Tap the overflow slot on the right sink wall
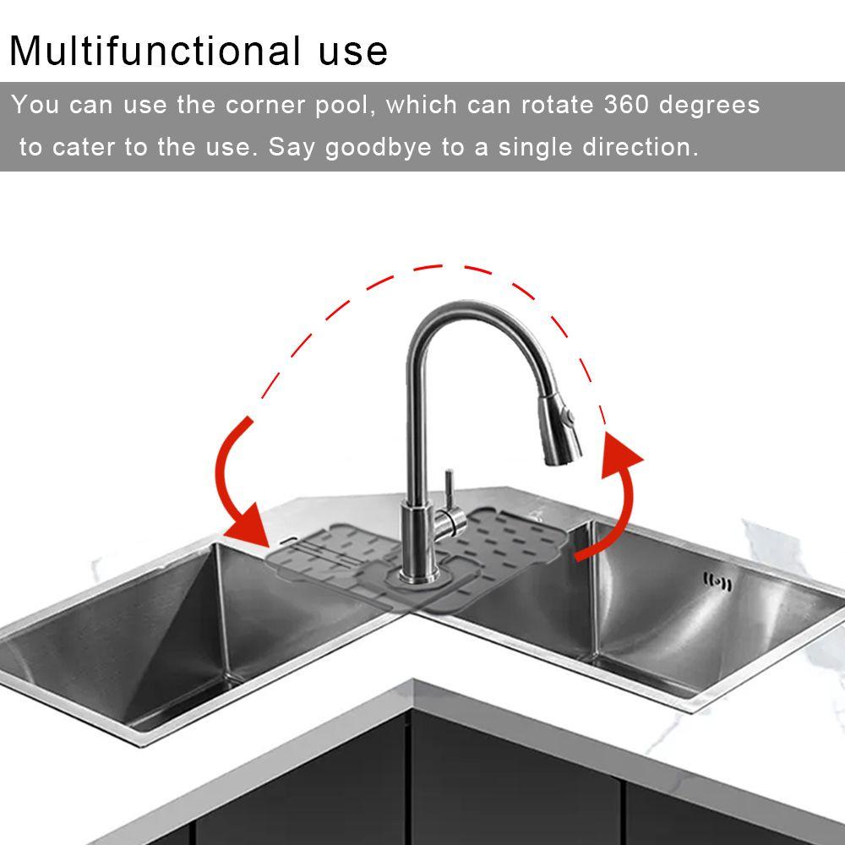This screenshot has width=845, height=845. point(717,581)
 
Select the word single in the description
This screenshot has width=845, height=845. point(536,148)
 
